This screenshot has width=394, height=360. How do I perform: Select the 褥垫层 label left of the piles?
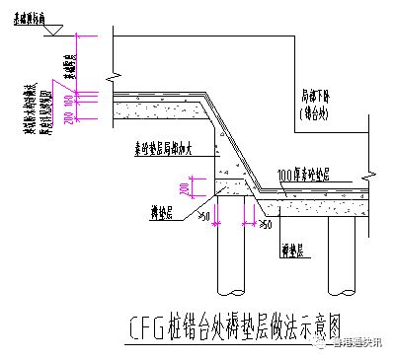[x=152, y=212]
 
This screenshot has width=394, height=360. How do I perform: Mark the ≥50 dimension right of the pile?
[x=265, y=226]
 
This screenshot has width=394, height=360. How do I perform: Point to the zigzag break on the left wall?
[x=114, y=74]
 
